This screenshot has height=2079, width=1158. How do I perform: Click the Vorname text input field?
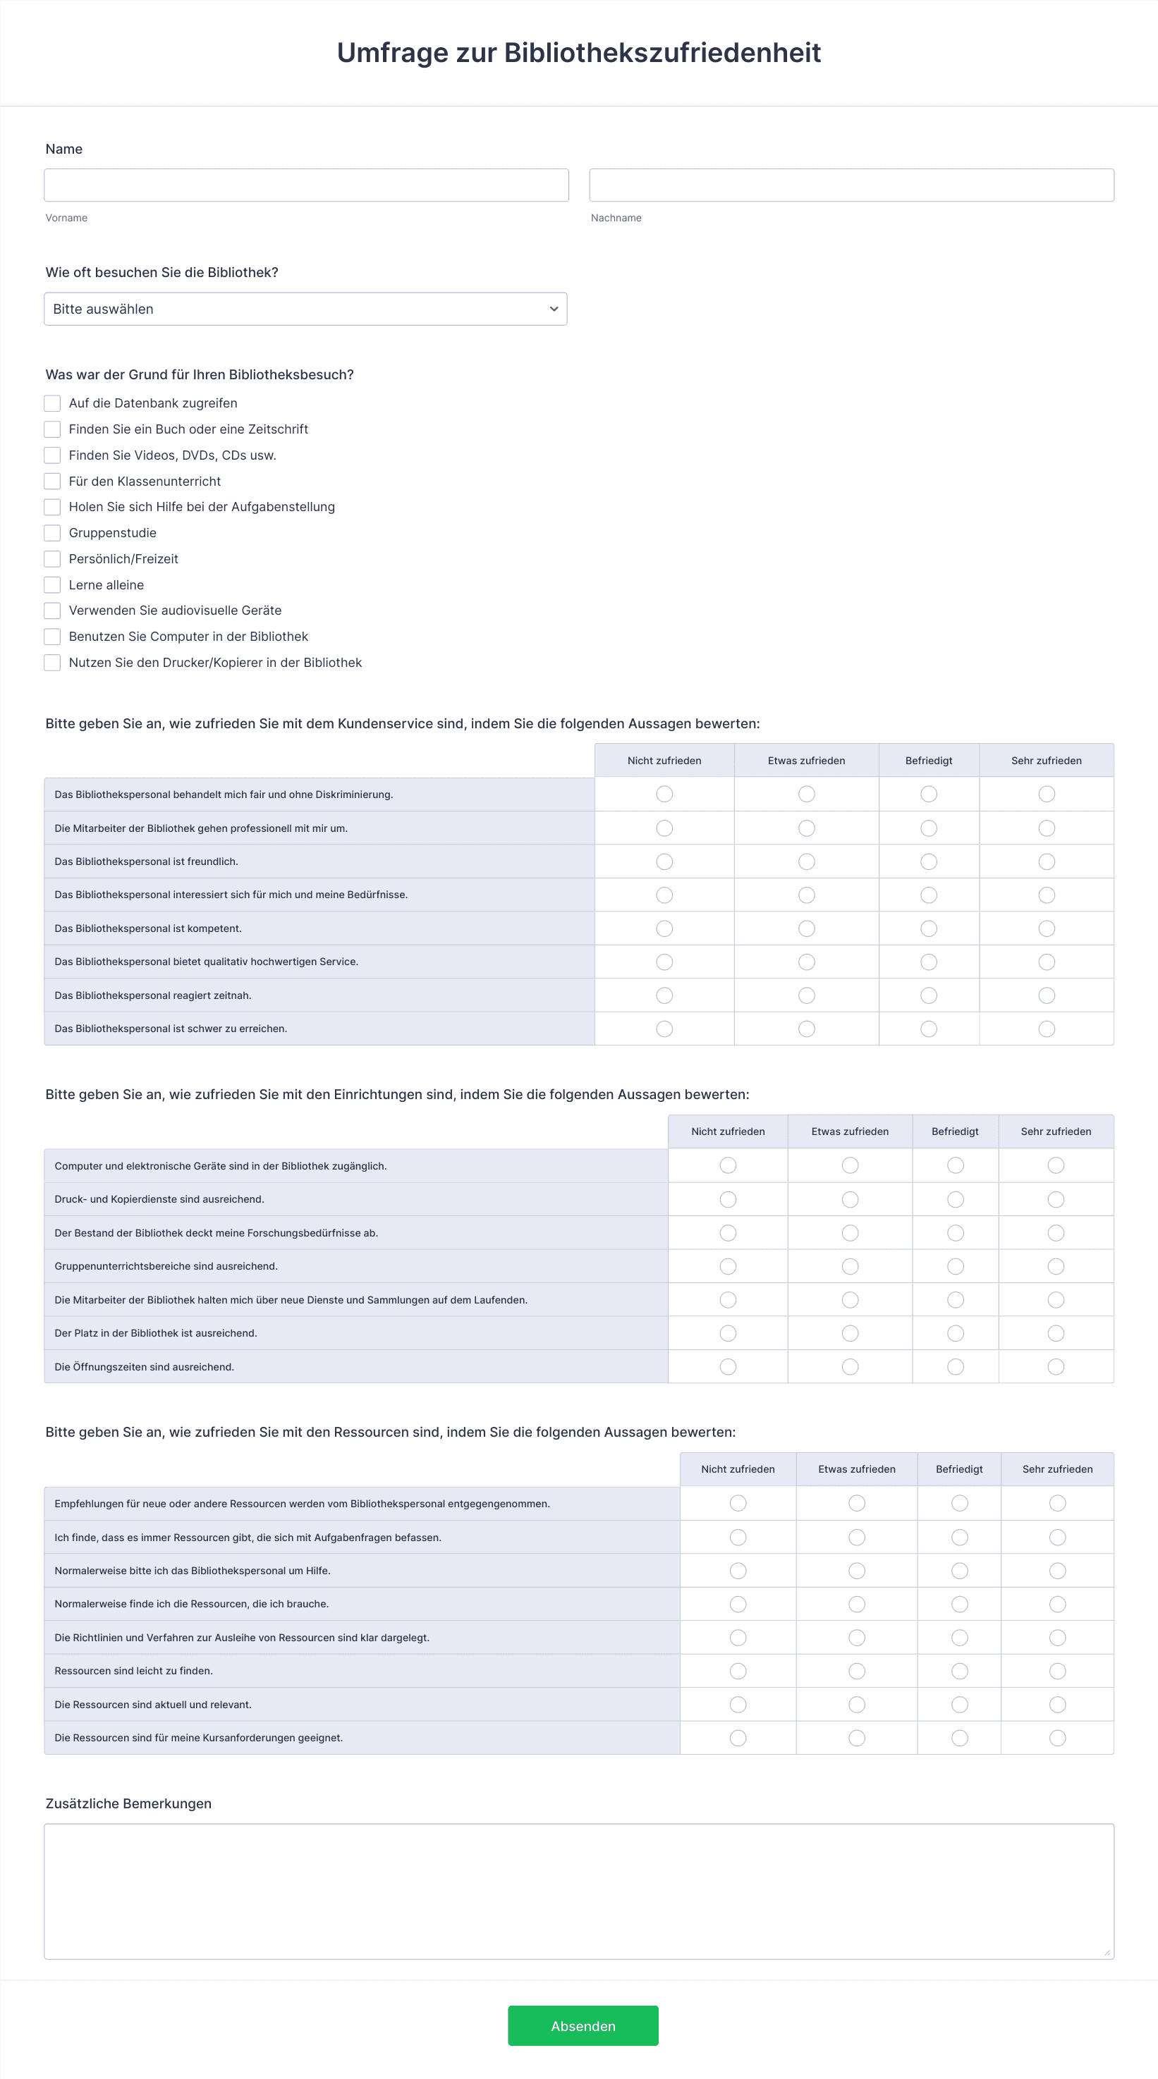point(306,185)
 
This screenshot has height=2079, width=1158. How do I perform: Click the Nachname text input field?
point(851,185)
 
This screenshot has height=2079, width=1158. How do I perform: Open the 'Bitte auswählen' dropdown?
point(305,309)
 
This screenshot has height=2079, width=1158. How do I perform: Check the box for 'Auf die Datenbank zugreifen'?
point(52,403)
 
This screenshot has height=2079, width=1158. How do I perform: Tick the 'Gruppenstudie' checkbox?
point(52,533)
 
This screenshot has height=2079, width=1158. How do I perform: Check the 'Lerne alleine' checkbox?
point(52,585)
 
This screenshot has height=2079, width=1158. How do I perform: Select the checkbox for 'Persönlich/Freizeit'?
point(52,558)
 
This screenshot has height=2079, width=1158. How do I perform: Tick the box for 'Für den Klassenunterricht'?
point(52,481)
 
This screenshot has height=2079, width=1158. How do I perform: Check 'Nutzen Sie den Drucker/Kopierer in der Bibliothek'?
point(52,663)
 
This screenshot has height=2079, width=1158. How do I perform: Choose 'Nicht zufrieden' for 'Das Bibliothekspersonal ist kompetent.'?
point(664,929)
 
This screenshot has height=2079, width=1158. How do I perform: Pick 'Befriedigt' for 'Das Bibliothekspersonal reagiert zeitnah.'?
point(929,996)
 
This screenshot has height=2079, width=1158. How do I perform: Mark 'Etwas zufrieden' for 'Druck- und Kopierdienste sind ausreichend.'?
point(851,1199)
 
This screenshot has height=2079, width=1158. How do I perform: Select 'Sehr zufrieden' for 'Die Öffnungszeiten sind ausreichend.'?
point(1056,1366)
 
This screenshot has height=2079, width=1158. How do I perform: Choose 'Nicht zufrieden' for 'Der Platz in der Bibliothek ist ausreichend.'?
point(728,1333)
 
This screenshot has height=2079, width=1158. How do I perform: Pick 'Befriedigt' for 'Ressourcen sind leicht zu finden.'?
point(959,1671)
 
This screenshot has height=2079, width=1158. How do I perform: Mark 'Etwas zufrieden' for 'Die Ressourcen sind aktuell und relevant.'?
point(857,1705)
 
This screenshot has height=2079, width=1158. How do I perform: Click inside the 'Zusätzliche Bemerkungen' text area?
point(579,1891)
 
